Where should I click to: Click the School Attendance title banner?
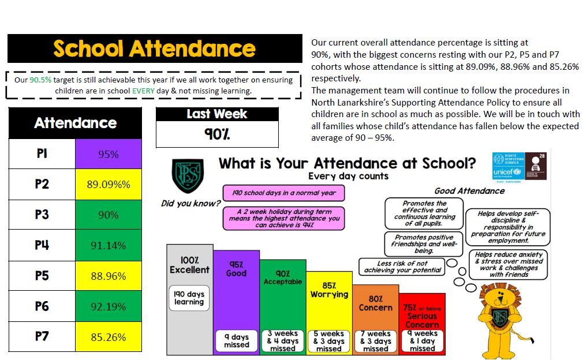point(155,48)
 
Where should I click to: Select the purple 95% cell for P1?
point(108,154)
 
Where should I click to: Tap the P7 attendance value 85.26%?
point(108,337)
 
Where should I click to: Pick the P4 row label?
point(42,245)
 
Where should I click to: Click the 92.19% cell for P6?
point(108,306)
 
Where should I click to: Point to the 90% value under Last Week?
point(216,134)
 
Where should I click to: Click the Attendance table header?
point(75,123)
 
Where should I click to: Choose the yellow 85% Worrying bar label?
point(329,290)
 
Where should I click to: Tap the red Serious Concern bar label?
point(422,316)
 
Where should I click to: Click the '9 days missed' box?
point(236,341)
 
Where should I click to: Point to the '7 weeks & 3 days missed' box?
point(376,341)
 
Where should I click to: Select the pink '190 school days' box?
point(283,193)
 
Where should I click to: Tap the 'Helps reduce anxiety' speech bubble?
point(508,264)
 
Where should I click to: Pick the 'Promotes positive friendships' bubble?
point(424,243)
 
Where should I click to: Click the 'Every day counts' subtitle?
point(348,177)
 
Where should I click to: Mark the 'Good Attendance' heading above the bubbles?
point(469,191)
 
